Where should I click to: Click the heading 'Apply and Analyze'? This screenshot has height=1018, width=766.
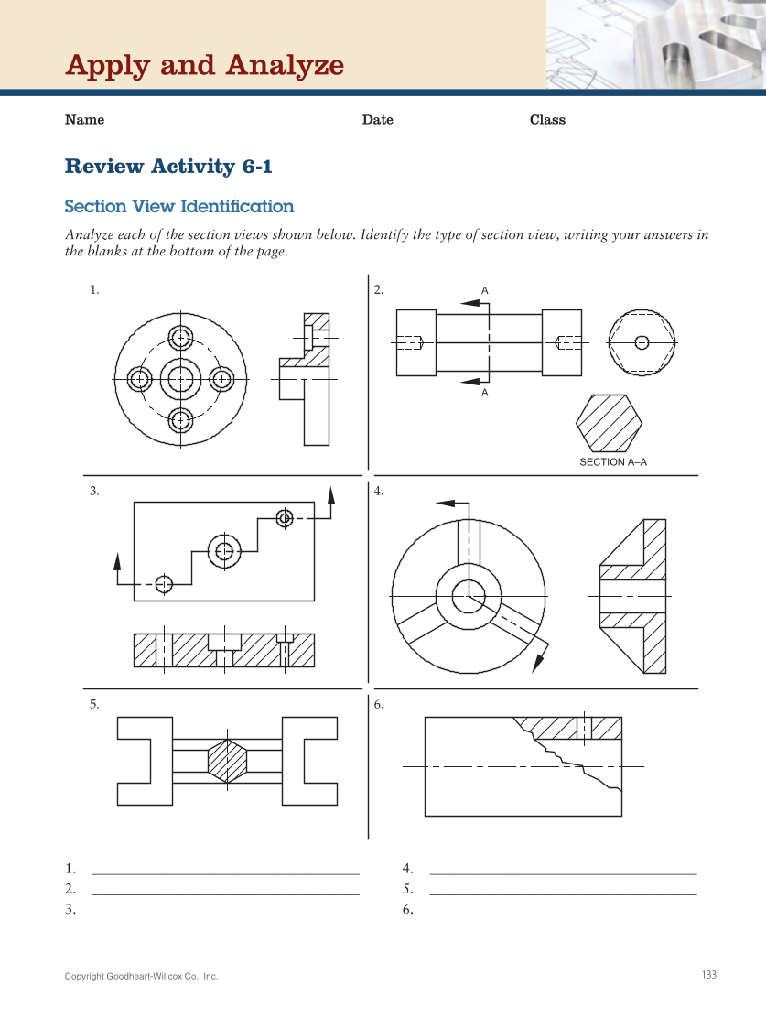pyautogui.click(x=204, y=66)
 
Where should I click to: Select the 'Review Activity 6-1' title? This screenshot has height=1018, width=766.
pyautogui.click(x=168, y=167)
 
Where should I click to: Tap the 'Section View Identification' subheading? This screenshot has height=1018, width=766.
pyautogui.click(x=179, y=207)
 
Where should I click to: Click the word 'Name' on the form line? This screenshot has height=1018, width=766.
pyautogui.click(x=84, y=120)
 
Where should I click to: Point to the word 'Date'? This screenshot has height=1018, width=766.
pyautogui.click(x=377, y=120)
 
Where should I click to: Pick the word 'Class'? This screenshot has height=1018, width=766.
pyautogui.click(x=547, y=120)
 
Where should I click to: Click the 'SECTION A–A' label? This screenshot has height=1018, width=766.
pyautogui.click(x=612, y=462)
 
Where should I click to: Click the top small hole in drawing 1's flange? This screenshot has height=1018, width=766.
pyautogui.click(x=181, y=336)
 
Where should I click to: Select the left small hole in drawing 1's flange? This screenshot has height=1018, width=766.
pyautogui.click(x=139, y=378)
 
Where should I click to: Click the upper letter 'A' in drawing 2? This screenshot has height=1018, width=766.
pyautogui.click(x=485, y=290)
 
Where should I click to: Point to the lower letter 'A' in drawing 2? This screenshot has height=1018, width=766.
pyautogui.click(x=485, y=393)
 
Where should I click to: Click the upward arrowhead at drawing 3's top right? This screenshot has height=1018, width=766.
pyautogui.click(x=330, y=495)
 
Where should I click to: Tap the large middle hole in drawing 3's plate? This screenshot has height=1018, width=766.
pyautogui.click(x=224, y=550)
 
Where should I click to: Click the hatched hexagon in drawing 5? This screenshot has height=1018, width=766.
pyautogui.click(x=228, y=760)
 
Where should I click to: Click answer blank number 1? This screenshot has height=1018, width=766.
pyautogui.click(x=226, y=868)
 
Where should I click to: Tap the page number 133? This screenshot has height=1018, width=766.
pyautogui.click(x=708, y=975)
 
